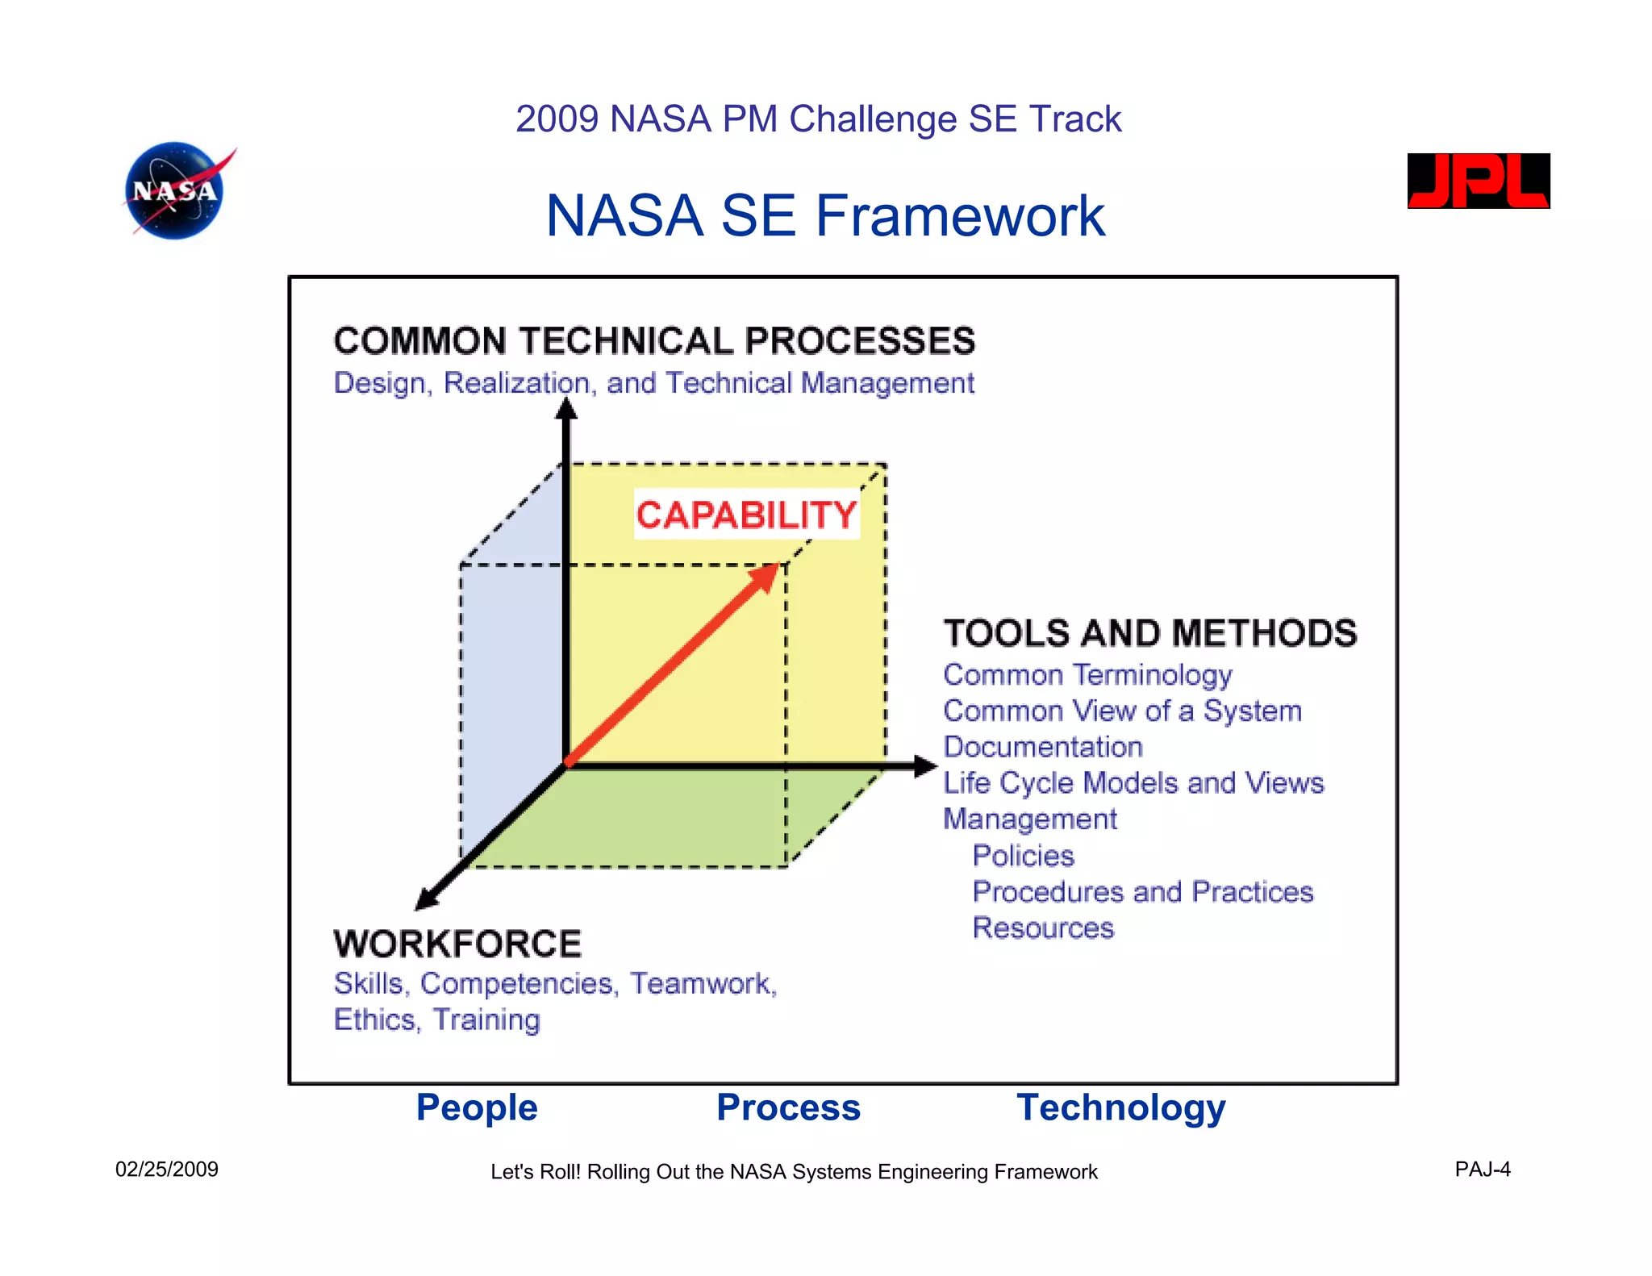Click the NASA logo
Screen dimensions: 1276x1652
175,190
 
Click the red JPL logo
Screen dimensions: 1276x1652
1478,181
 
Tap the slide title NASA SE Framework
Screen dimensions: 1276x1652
824,216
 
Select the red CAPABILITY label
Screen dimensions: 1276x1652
746,515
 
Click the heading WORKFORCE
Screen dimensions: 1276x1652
457,944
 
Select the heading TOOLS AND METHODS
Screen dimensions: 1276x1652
1149,633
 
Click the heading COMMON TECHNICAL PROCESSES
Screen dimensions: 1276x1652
654,341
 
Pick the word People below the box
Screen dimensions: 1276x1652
476,1107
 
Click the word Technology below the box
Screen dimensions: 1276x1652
1120,1107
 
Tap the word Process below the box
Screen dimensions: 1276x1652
788,1107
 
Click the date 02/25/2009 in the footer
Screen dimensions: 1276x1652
166,1170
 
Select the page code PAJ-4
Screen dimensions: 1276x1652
1482,1170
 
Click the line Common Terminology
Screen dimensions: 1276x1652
1087,675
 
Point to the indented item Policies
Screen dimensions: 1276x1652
1023,856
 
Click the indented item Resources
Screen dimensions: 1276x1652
1042,928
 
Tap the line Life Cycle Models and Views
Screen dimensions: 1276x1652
1133,783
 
